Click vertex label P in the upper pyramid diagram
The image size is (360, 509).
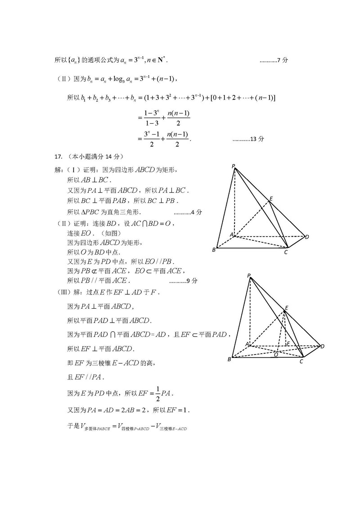coord(234,167)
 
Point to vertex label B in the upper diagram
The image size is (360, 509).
coord(214,250)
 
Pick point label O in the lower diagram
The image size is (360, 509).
coord(276,355)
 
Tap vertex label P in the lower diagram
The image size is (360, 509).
coord(248,275)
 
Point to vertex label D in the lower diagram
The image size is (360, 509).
coord(322,346)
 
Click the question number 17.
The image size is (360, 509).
coord(58,157)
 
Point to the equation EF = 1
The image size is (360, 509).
coord(178,410)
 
